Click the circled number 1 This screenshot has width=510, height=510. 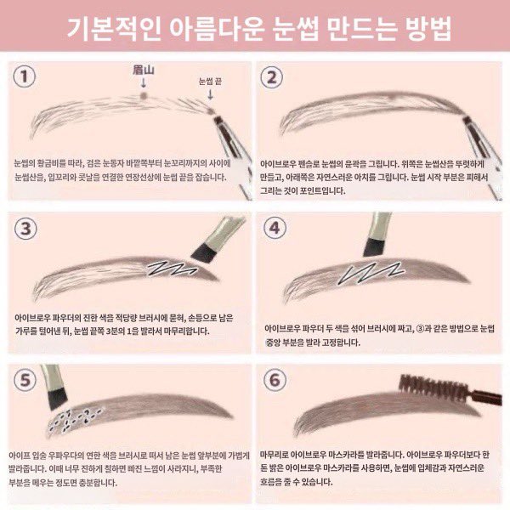point(28,78)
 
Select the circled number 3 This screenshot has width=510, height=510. point(28,227)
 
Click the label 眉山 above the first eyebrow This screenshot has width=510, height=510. point(143,69)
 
